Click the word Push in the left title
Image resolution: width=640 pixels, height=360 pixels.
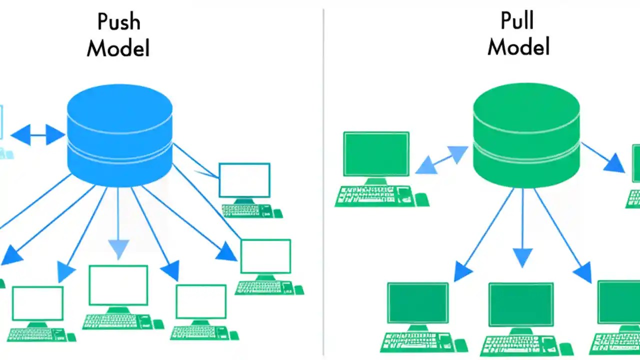[118, 22]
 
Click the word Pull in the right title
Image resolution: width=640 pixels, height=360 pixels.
[517, 21]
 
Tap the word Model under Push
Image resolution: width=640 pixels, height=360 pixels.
[118, 48]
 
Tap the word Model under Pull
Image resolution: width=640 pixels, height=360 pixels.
[518, 47]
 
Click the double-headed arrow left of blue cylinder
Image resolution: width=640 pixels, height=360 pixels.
[37, 135]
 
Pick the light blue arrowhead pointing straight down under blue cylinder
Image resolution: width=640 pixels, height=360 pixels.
[118, 248]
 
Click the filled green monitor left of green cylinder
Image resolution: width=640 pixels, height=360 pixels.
[376, 154]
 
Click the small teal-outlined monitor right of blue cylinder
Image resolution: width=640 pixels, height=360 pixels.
[244, 180]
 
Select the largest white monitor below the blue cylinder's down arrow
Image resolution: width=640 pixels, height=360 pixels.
[118, 285]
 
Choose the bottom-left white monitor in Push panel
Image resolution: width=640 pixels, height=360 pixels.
[37, 303]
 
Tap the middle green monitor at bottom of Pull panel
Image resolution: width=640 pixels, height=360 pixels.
[521, 304]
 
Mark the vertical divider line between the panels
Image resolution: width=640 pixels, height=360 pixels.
[323, 180]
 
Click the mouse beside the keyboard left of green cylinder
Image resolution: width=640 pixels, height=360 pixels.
[421, 199]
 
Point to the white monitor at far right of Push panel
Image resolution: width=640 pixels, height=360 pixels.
[265, 256]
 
